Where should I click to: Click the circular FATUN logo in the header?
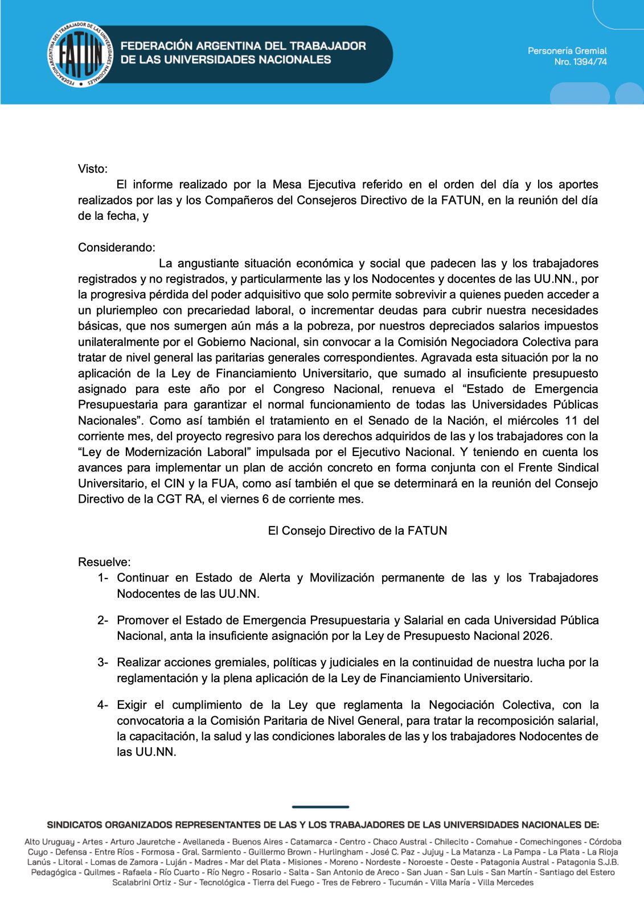click(x=80, y=55)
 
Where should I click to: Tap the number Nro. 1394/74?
click(x=580, y=62)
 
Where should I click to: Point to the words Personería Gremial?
click(x=567, y=51)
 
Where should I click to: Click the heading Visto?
click(x=93, y=169)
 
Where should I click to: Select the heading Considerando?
click(x=117, y=248)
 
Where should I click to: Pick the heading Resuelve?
click(x=104, y=562)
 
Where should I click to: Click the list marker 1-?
click(x=102, y=578)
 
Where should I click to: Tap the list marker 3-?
click(x=102, y=663)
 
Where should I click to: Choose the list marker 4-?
click(x=102, y=705)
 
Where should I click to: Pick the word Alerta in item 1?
click(x=274, y=578)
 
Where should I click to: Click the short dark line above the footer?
click(x=321, y=807)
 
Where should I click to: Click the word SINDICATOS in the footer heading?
click(x=75, y=824)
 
